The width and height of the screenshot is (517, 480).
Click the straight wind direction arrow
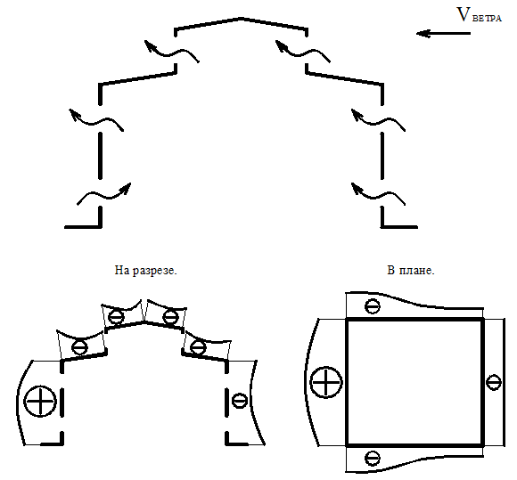(x=443, y=33)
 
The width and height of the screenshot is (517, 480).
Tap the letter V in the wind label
(x=464, y=15)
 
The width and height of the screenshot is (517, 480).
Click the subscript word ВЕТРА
(x=487, y=18)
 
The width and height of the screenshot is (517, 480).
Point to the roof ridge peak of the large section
(x=242, y=19)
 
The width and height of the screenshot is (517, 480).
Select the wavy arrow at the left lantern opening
(x=171, y=52)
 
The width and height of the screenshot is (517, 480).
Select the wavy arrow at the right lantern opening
(x=303, y=52)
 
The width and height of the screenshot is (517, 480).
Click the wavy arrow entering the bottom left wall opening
(x=104, y=194)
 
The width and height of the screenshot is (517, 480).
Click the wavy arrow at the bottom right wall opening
(x=378, y=194)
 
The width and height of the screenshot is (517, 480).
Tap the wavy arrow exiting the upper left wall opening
(x=96, y=120)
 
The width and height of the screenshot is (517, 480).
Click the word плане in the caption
(x=417, y=271)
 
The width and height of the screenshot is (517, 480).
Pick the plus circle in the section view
(x=40, y=402)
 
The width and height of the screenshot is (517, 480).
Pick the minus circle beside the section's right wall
(x=240, y=401)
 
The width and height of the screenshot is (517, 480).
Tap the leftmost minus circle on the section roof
(x=80, y=347)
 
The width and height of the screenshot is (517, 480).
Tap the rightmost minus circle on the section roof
(x=199, y=347)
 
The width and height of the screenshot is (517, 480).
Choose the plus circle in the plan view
(x=326, y=382)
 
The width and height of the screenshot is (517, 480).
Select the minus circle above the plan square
(x=373, y=306)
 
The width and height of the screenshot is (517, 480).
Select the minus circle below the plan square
(x=373, y=458)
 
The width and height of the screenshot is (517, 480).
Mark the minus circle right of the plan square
(x=494, y=382)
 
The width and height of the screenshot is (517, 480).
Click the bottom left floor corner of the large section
(x=100, y=227)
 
